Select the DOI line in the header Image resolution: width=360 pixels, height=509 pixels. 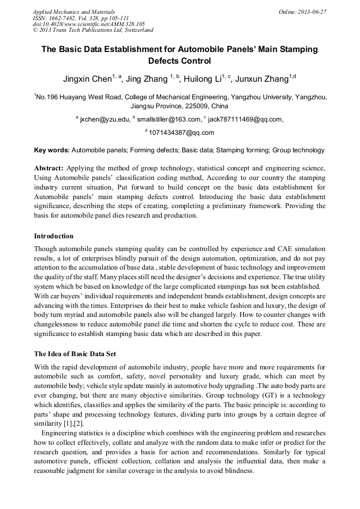89,24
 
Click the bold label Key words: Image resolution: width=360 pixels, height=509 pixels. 52,150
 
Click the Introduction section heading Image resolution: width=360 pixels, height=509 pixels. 54,236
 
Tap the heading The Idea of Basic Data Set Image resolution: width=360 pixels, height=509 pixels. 75,354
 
